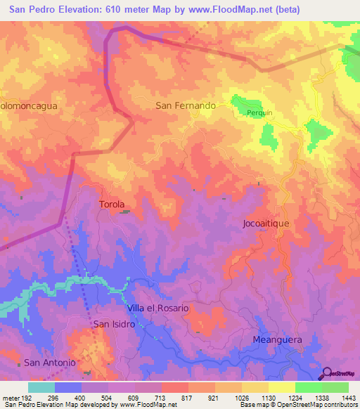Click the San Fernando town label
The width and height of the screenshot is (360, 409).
(x=185, y=105)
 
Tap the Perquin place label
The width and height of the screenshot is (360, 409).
(x=259, y=112)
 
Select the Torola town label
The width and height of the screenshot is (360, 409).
(x=112, y=204)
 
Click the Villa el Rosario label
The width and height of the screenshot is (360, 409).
(x=158, y=308)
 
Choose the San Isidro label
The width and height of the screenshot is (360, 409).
(x=113, y=324)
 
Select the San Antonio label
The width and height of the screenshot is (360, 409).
(x=49, y=363)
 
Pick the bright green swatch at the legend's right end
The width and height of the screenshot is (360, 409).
(x=335, y=387)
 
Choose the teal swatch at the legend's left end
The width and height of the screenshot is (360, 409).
(x=41, y=387)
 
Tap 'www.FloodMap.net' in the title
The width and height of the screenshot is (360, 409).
(x=229, y=10)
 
